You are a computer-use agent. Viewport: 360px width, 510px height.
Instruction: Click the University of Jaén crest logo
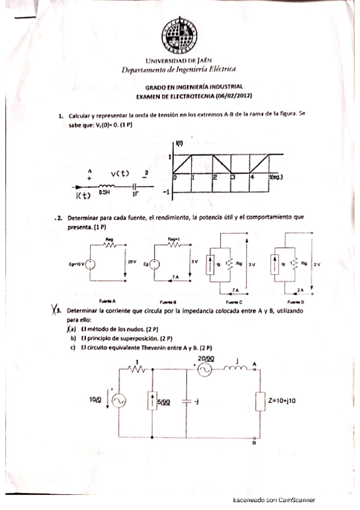pyautogui.click(x=178, y=33)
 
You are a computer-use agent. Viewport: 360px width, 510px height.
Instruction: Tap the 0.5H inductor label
pyautogui.click(x=106, y=194)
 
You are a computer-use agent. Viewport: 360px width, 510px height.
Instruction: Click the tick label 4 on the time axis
pyautogui.click(x=252, y=179)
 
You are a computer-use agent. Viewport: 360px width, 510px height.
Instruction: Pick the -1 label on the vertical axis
pyautogui.click(x=165, y=192)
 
